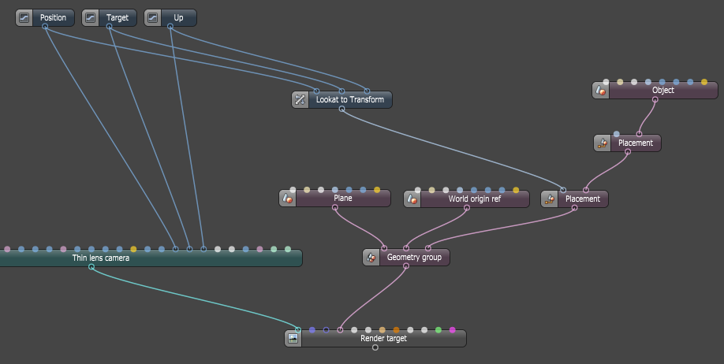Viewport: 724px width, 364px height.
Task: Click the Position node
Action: point(53,17)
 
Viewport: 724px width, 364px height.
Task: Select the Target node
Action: point(117,17)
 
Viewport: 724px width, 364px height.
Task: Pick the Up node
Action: point(177,17)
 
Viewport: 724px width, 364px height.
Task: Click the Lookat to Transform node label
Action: point(349,100)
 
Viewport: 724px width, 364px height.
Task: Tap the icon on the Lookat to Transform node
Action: point(300,100)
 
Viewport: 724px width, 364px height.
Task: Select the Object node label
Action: point(662,91)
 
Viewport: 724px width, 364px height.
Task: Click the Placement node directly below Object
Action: point(635,143)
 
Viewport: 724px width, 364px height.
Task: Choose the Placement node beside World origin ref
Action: point(582,199)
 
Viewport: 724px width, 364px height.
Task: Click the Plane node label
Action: point(342,199)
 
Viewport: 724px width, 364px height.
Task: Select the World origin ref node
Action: point(474,199)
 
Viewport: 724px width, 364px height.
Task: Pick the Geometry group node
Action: point(414,257)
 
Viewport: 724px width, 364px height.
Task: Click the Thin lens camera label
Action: point(100,258)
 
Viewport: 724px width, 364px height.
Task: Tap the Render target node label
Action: point(383,339)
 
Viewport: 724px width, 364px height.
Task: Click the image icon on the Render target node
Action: point(293,339)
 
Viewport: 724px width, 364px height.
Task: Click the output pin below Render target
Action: point(375,347)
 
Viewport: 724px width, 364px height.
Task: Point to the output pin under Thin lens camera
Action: point(91,267)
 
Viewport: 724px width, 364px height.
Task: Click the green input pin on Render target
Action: point(439,330)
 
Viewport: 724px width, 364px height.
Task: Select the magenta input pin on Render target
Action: point(453,330)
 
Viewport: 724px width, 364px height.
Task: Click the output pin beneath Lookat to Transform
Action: point(341,110)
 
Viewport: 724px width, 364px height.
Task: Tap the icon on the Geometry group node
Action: point(371,257)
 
